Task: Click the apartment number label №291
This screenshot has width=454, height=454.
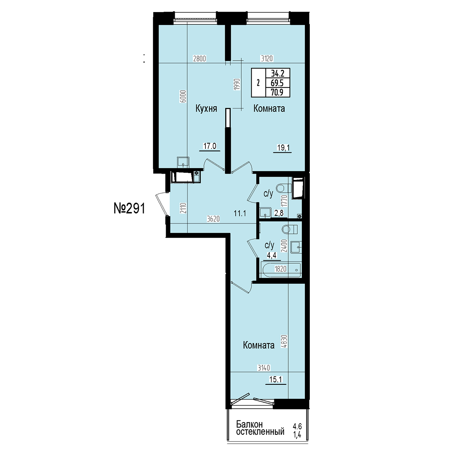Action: pos(129,208)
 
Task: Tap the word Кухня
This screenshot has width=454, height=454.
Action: pos(206,109)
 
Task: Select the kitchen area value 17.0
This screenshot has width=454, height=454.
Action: pos(210,146)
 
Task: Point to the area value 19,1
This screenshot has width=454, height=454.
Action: pos(283,148)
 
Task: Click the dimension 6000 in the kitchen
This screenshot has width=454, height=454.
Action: pos(184,96)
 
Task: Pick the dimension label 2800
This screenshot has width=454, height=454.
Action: pos(199,58)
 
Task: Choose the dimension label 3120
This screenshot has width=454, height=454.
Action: pos(267,58)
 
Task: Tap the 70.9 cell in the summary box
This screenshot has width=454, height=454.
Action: pos(277,92)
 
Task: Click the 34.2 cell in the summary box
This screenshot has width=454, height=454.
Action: pos(278,73)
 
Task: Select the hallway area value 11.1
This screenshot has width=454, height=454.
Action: pos(240,213)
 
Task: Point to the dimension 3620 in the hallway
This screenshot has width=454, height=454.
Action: pos(213,219)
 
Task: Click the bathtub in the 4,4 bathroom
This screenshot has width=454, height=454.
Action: pos(280,269)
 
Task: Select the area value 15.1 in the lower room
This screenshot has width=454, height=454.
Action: pos(276,379)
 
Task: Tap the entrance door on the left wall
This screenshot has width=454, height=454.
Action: pos(162,204)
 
